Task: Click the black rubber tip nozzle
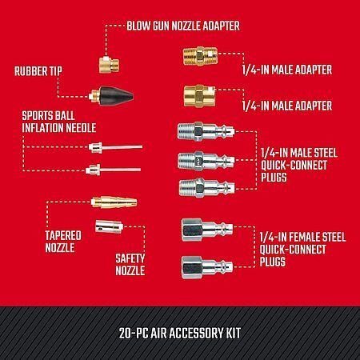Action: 111,96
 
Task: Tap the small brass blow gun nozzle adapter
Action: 109,65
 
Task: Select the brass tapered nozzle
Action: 114,202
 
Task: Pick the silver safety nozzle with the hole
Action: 109,226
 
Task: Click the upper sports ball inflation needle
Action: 115,147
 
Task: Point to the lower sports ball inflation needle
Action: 114,170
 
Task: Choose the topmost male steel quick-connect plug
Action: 206,131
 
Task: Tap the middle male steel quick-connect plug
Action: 206,160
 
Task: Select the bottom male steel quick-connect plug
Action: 207,188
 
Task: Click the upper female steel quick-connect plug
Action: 207,230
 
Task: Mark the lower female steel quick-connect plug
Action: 207,267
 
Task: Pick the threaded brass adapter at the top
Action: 201,56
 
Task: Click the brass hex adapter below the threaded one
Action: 199,95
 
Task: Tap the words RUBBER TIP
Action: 38,71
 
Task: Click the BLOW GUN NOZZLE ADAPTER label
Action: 183,26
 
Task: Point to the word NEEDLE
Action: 81,128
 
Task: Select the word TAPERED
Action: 63,236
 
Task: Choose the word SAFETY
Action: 130,258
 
